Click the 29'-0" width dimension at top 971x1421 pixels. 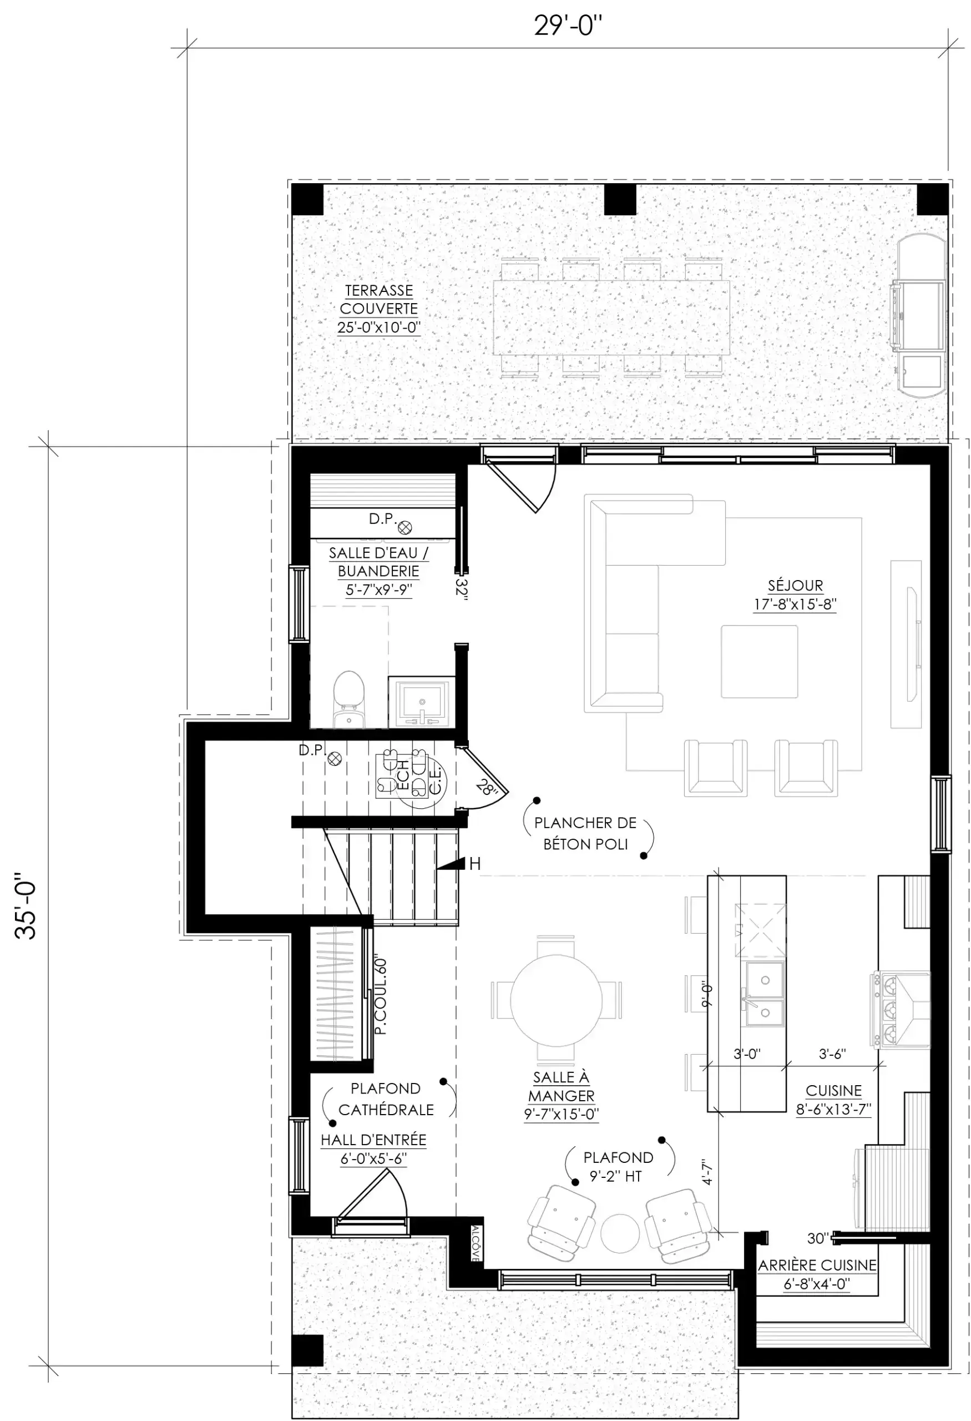click(568, 26)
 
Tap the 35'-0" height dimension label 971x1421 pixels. click(26, 905)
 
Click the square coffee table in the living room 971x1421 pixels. click(759, 661)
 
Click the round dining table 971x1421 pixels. click(556, 1000)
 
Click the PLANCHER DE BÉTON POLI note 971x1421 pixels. click(585, 833)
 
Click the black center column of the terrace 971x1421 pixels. click(620, 199)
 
